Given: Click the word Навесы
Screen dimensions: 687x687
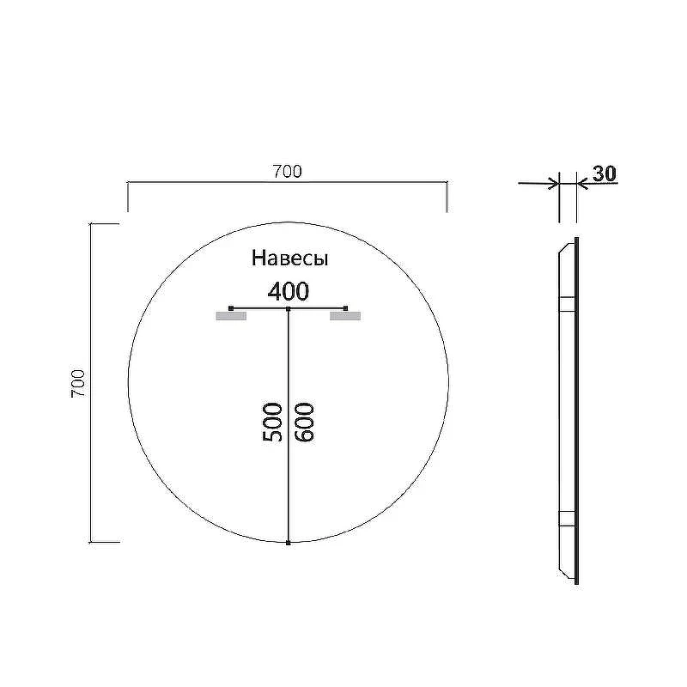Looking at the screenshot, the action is click(x=289, y=258).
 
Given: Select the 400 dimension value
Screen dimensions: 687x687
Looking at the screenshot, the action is click(x=289, y=291).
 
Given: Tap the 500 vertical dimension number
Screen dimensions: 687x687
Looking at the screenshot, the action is click(x=272, y=422).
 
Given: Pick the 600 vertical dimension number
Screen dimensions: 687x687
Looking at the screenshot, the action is click(x=305, y=422).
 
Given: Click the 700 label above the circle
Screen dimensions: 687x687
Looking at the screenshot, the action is click(x=288, y=171).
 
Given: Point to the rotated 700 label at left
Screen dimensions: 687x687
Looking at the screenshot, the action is click(x=78, y=384).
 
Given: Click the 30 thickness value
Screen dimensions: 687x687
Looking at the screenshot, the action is click(x=605, y=173).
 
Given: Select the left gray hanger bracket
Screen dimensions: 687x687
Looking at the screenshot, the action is click(x=231, y=316).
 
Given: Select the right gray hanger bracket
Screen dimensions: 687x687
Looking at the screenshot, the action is click(x=345, y=316).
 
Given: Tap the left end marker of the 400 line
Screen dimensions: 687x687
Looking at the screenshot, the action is click(x=231, y=308).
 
